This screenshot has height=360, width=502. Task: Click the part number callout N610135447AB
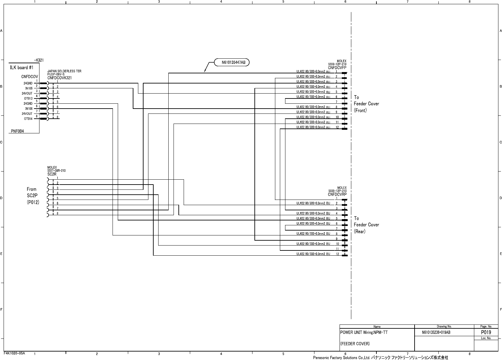tap(234, 62)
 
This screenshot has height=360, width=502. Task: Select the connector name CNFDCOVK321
tap(59, 78)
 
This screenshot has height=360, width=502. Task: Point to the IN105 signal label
tap(29, 88)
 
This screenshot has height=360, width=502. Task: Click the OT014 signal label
tap(28, 119)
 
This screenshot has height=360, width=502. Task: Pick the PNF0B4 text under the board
tap(18, 131)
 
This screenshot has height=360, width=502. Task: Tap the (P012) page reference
tap(33, 202)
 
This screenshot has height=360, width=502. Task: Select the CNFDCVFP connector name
tap(337, 68)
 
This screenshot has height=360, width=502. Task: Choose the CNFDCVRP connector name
tap(337, 194)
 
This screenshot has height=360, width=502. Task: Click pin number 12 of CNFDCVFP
tap(337, 127)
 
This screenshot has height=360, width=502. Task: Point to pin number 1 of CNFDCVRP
tap(337, 198)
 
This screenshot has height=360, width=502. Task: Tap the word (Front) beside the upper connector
tap(360, 110)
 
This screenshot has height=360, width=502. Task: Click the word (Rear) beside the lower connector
tap(360, 231)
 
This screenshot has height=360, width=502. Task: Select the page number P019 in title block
tap(486, 332)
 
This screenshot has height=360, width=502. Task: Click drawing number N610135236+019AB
tap(436, 333)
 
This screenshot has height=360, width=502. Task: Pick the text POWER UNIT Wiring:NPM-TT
tap(364, 333)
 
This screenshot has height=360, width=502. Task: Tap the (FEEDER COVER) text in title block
tap(355, 344)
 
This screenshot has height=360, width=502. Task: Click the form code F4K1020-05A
tap(14, 353)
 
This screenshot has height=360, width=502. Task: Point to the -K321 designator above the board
tap(39, 60)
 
